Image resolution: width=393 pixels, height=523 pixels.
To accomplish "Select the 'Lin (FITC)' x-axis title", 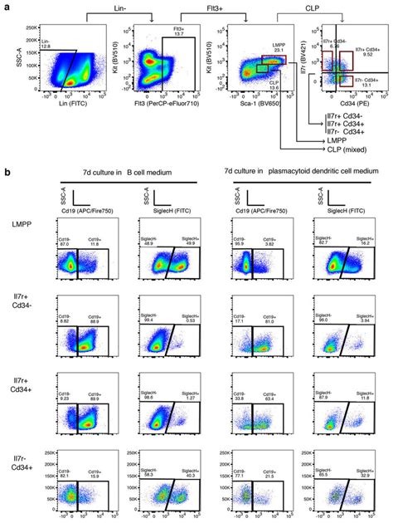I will click(x=69, y=104).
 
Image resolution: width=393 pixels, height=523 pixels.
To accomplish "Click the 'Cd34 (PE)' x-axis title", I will click(x=342, y=104).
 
